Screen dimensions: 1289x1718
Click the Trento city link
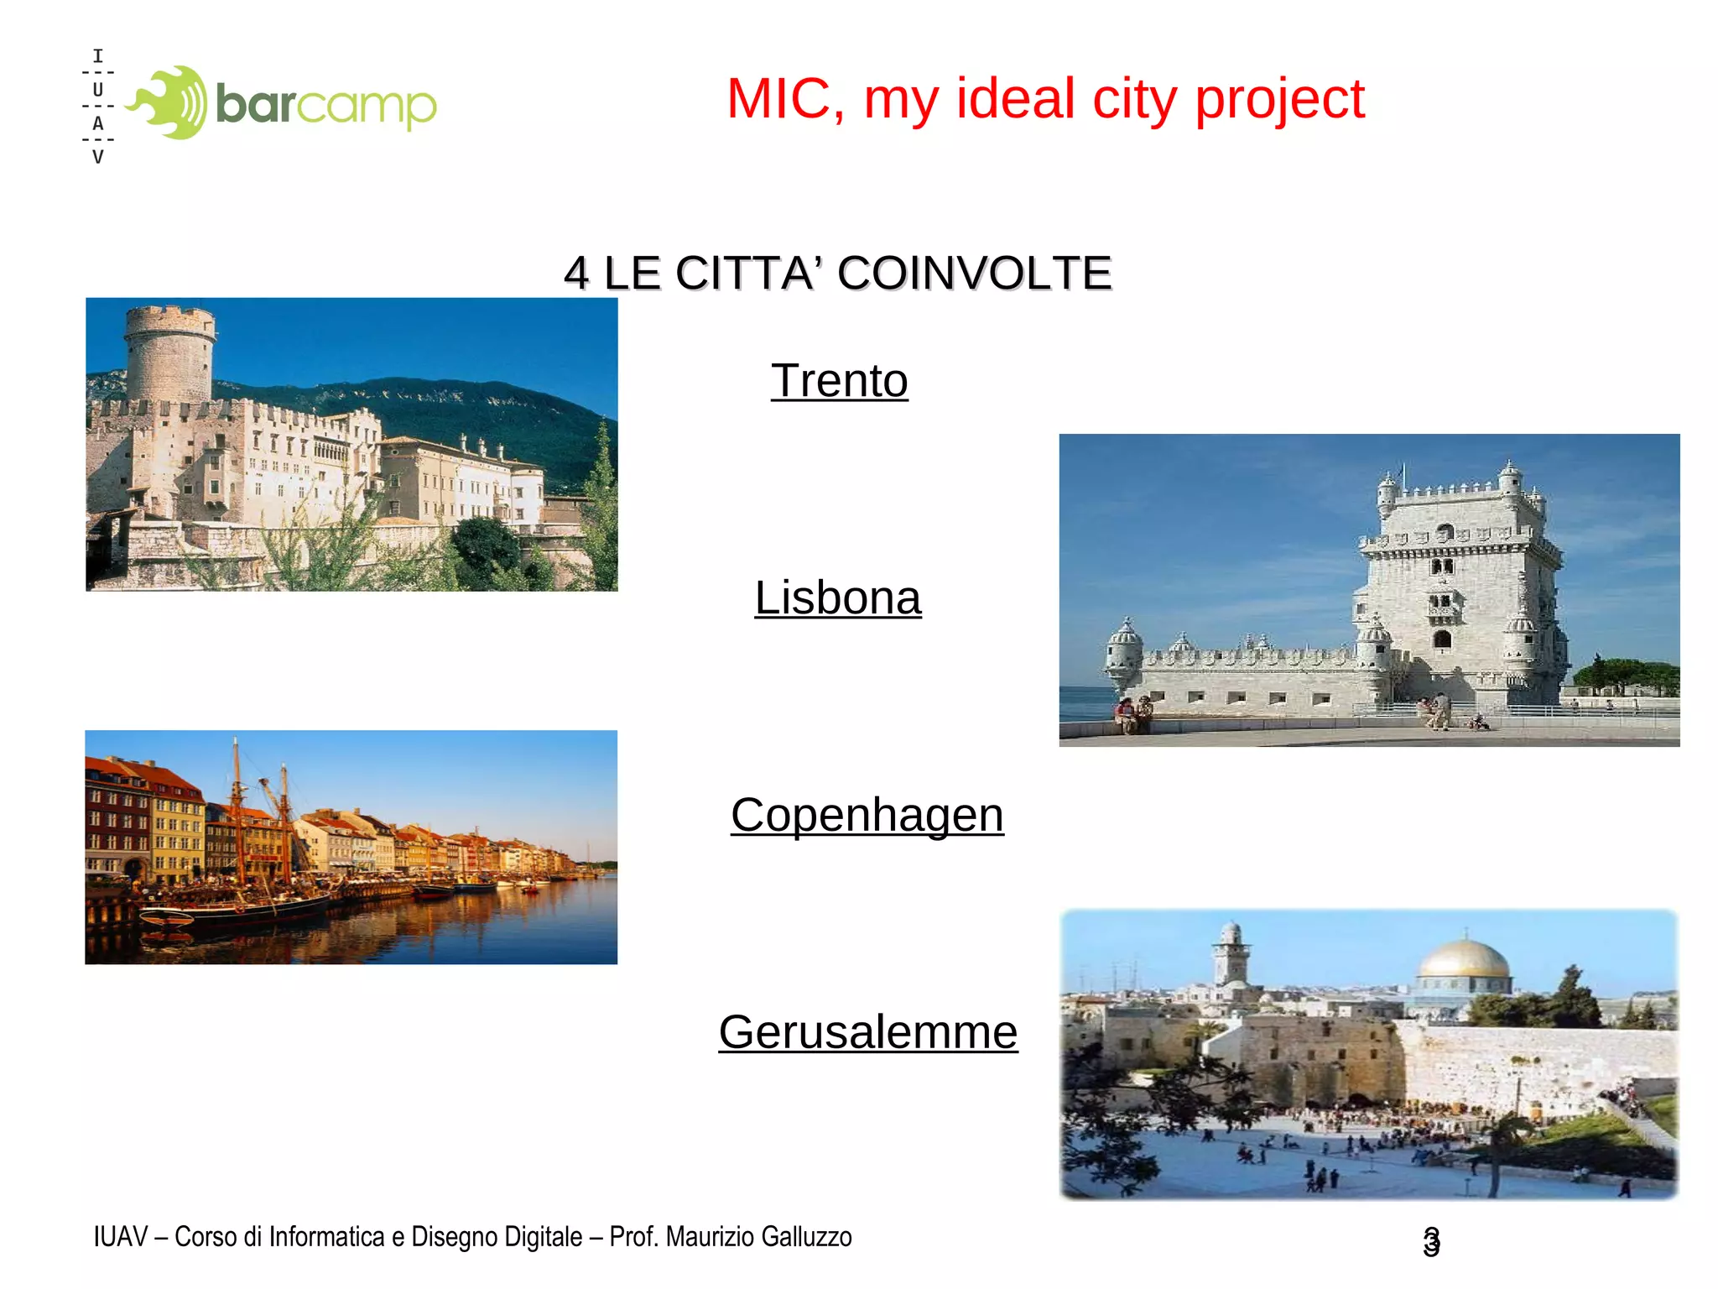(x=839, y=381)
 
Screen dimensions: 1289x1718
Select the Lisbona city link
(x=837, y=598)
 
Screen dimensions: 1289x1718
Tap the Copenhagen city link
(x=867, y=815)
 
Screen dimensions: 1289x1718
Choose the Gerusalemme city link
(x=867, y=1032)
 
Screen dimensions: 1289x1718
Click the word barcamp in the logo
(x=325, y=104)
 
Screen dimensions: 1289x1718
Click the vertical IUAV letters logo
(x=98, y=107)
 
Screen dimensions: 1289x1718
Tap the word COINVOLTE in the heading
(x=974, y=274)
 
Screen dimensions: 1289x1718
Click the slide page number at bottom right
(x=1431, y=1241)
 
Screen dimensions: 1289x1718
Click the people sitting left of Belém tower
(x=1132, y=713)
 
